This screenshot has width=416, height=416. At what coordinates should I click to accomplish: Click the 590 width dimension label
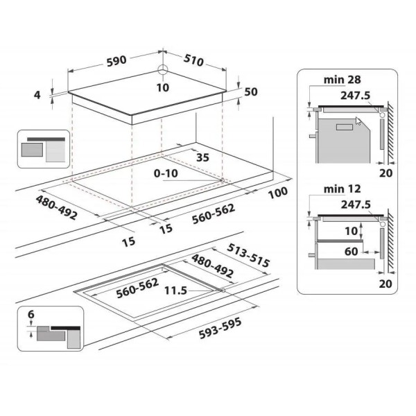116,60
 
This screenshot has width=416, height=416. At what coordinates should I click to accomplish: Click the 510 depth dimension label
193,61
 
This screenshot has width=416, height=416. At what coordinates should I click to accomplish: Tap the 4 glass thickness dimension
37,95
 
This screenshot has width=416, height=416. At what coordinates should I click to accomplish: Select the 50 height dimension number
251,92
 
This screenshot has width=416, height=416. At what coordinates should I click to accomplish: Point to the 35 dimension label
202,157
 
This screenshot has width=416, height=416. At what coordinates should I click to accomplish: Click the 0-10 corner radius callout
166,173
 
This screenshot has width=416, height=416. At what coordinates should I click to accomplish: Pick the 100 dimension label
278,193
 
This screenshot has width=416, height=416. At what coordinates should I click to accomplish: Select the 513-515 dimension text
249,255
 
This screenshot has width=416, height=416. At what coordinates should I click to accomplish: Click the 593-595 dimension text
220,329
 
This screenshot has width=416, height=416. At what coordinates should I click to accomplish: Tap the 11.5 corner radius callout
175,291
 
